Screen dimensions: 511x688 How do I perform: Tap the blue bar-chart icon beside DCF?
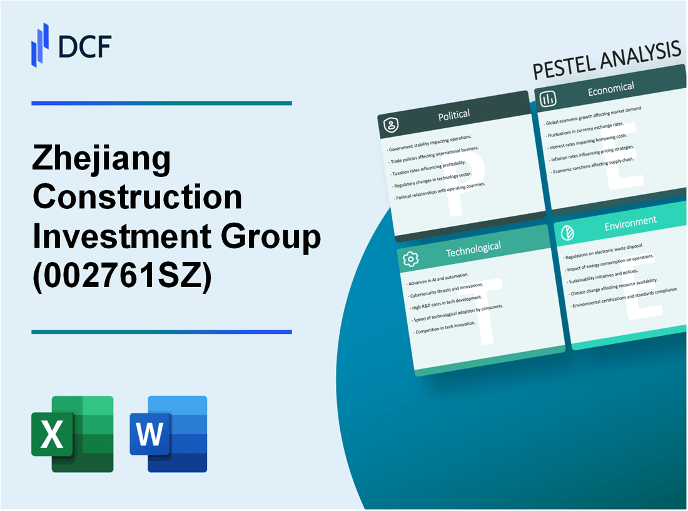pos(40,44)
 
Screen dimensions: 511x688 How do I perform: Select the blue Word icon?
pos(168,433)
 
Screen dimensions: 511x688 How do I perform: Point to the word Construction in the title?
pos(137,198)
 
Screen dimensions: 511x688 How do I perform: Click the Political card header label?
pos(455,114)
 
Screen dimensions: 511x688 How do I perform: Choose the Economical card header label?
pos(610,89)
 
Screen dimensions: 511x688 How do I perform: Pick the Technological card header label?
pos(473,248)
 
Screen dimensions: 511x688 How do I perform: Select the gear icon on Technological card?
pos(410,258)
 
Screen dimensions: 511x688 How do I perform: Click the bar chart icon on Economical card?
pos(549,98)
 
